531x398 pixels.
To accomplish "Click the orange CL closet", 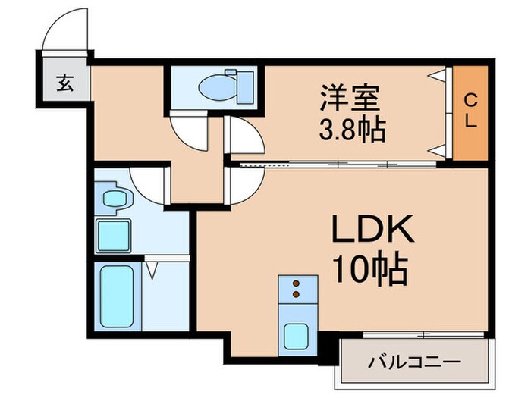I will point(470,114).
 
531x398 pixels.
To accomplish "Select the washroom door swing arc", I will point(149,182).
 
